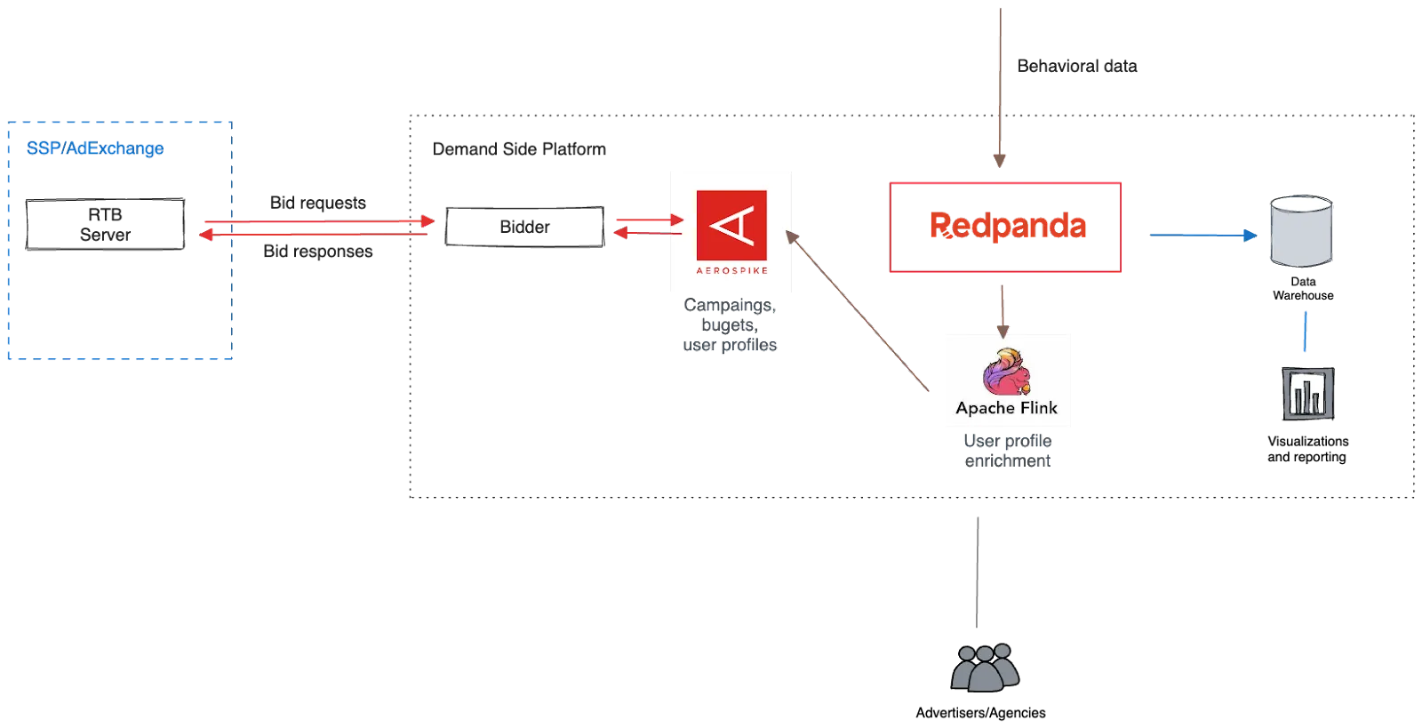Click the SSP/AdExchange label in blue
(95, 148)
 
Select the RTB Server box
(106, 226)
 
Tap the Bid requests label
(317, 204)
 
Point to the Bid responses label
(318, 252)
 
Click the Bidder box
(523, 227)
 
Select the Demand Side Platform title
(518, 148)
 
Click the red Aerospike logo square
(731, 224)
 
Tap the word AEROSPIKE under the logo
(731, 270)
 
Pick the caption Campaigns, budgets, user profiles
(731, 325)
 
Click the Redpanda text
(1006, 226)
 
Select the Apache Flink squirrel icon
(1005, 372)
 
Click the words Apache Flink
(1006, 408)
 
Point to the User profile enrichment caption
(1007, 451)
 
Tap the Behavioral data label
(1076, 66)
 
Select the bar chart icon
(1307, 390)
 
